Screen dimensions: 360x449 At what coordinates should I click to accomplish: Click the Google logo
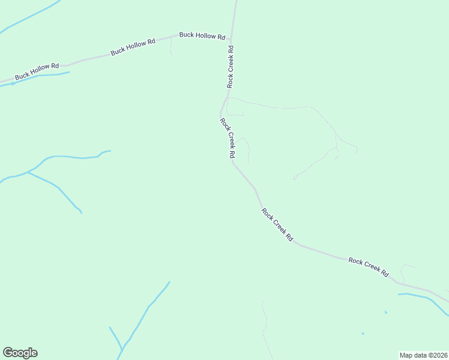tap(20, 353)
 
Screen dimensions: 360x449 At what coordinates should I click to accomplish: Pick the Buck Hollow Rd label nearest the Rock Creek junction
tap(202, 35)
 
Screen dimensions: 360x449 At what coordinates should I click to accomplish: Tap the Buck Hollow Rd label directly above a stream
tap(37, 71)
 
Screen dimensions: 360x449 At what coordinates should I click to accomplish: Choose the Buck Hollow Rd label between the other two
tap(133, 47)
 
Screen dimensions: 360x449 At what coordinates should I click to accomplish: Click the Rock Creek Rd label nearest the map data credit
tap(369, 266)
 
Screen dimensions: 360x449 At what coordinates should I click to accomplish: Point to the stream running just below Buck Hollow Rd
tap(42, 77)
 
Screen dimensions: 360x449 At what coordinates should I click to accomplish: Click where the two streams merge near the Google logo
tap(122, 350)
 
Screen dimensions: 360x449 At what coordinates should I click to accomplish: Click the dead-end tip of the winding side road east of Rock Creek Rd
tap(294, 178)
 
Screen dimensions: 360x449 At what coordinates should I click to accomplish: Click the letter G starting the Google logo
tap(8, 353)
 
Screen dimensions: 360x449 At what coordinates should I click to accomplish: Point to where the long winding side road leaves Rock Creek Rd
tap(227, 97)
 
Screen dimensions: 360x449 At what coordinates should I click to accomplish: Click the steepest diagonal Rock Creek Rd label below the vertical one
tap(227, 138)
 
